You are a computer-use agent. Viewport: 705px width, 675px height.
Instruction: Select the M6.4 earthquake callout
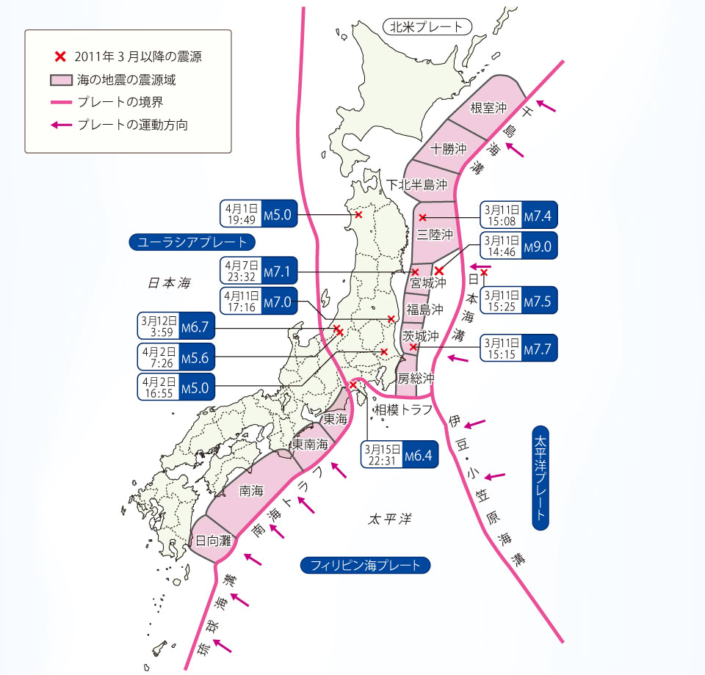click(x=400, y=454)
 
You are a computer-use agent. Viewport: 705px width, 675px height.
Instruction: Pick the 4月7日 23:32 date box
click(x=240, y=271)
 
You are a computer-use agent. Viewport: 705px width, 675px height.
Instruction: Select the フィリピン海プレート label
click(x=365, y=565)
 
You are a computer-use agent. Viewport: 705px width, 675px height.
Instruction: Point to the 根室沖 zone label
click(x=488, y=108)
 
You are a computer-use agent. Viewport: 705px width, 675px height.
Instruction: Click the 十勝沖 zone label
click(x=449, y=148)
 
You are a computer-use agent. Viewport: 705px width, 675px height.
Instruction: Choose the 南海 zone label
click(x=251, y=492)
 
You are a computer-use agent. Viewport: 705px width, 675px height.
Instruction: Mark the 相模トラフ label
click(x=403, y=409)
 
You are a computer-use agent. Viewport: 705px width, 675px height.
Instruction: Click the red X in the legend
click(x=60, y=56)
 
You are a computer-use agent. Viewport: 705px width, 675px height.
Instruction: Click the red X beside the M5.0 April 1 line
click(x=358, y=215)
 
